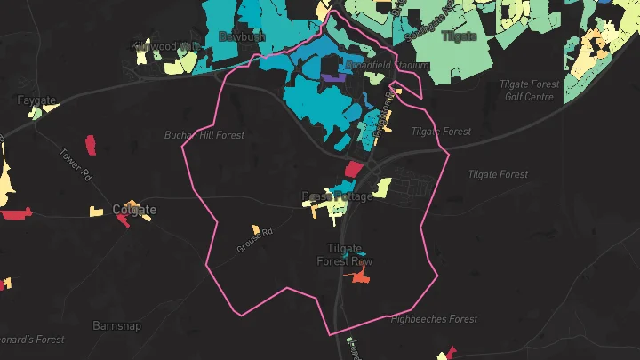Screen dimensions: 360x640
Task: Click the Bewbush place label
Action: pyautogui.click(x=242, y=36)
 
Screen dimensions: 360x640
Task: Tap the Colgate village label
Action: pyautogui.click(x=135, y=210)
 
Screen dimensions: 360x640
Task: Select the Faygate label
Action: pyautogui.click(x=36, y=101)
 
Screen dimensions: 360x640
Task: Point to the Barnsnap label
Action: pyautogui.click(x=116, y=325)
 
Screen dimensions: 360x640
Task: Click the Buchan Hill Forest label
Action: pyautogui.click(x=204, y=135)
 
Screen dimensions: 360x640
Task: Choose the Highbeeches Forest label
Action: pyautogui.click(x=434, y=319)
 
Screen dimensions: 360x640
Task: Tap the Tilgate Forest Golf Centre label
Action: pyautogui.click(x=531, y=91)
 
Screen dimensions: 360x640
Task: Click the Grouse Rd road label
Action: pyautogui.click(x=253, y=240)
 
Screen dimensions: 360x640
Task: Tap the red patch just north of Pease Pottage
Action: pyautogui.click(x=352, y=168)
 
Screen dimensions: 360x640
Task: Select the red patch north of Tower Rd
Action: pyautogui.click(x=90, y=143)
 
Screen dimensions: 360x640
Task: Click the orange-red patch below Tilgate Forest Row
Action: pyautogui.click(x=359, y=278)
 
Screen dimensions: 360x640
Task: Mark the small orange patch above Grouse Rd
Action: pyautogui.click(x=255, y=228)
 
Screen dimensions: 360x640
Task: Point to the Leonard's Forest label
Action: pyautogui.click(x=31, y=340)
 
